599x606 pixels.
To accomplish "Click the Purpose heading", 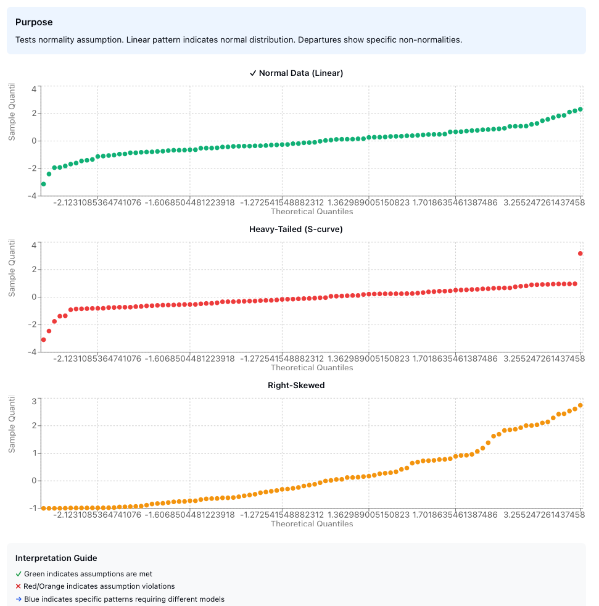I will tap(34, 22).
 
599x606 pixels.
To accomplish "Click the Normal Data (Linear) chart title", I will tap(296, 73).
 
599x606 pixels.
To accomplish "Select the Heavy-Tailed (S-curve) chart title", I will tap(296, 229).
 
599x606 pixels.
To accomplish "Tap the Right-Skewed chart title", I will tap(296, 385).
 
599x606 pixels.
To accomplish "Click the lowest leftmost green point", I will tap(43, 184).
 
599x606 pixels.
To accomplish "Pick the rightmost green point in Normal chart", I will tap(580, 109).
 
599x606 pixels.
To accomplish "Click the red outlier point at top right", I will tap(580, 254).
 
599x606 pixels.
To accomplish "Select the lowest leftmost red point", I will tap(43, 339).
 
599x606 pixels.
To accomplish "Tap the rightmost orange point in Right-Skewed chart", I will tap(580, 405).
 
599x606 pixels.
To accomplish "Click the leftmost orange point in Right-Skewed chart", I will tap(43, 508).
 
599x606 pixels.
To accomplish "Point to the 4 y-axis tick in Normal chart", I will tap(34, 89).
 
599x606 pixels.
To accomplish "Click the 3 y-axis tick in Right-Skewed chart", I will tap(34, 401).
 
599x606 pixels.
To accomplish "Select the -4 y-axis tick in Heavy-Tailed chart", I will tap(32, 351).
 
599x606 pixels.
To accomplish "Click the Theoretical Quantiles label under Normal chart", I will tap(312, 212).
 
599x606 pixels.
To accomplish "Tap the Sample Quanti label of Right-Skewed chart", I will tap(12, 426).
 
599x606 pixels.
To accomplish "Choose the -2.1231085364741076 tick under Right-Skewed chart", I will tap(97, 514).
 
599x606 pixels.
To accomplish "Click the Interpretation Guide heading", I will tap(56, 558).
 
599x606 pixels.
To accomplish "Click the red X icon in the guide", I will tap(19, 586).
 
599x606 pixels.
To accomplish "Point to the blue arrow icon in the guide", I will tap(19, 599).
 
